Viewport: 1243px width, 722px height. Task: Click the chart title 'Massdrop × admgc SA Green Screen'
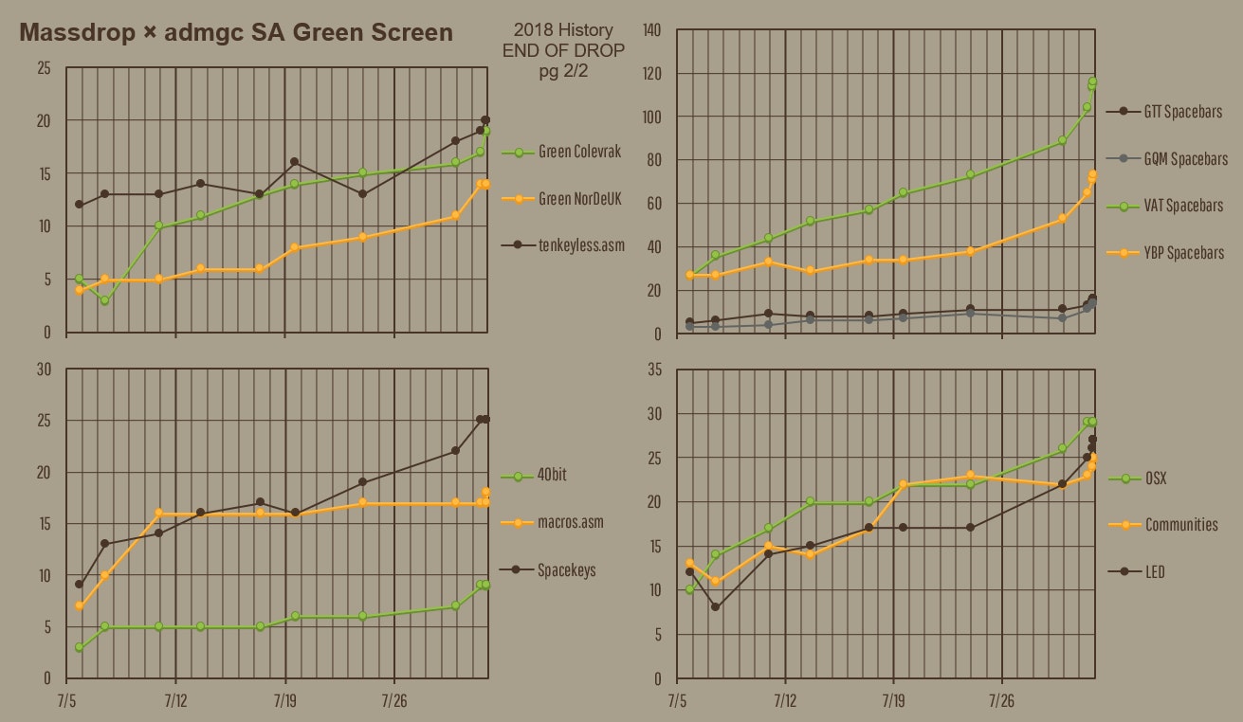click(236, 33)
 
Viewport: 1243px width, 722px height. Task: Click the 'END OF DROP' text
click(558, 50)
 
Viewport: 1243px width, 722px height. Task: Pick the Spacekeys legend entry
click(567, 570)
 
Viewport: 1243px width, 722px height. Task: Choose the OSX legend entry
click(1156, 478)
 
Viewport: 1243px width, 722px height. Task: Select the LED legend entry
click(1155, 572)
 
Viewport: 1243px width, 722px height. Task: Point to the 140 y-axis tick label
click(651, 30)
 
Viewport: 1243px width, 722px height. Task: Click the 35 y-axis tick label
click(654, 370)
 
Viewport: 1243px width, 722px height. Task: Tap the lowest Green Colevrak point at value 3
click(104, 300)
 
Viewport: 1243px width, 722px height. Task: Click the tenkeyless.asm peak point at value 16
click(294, 162)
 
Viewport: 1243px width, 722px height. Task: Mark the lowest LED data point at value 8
click(715, 606)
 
